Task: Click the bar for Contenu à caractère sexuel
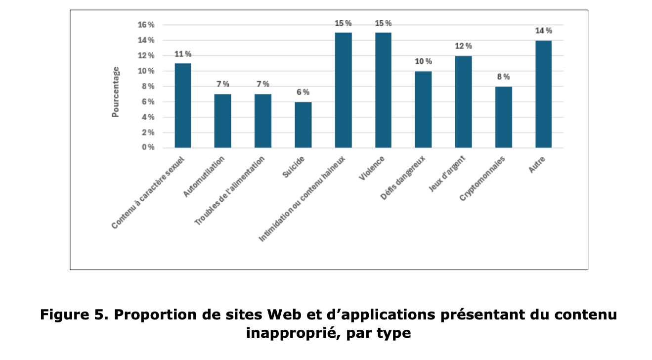point(183,105)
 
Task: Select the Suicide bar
point(303,125)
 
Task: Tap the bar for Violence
point(383,90)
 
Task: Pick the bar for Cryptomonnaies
point(504,117)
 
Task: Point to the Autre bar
point(543,94)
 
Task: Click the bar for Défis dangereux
point(423,109)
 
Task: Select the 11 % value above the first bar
point(183,54)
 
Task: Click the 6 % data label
point(303,92)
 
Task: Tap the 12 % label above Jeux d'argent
point(463,46)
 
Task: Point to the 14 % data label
point(543,31)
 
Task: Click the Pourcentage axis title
point(116,91)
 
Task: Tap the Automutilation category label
point(204,177)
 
